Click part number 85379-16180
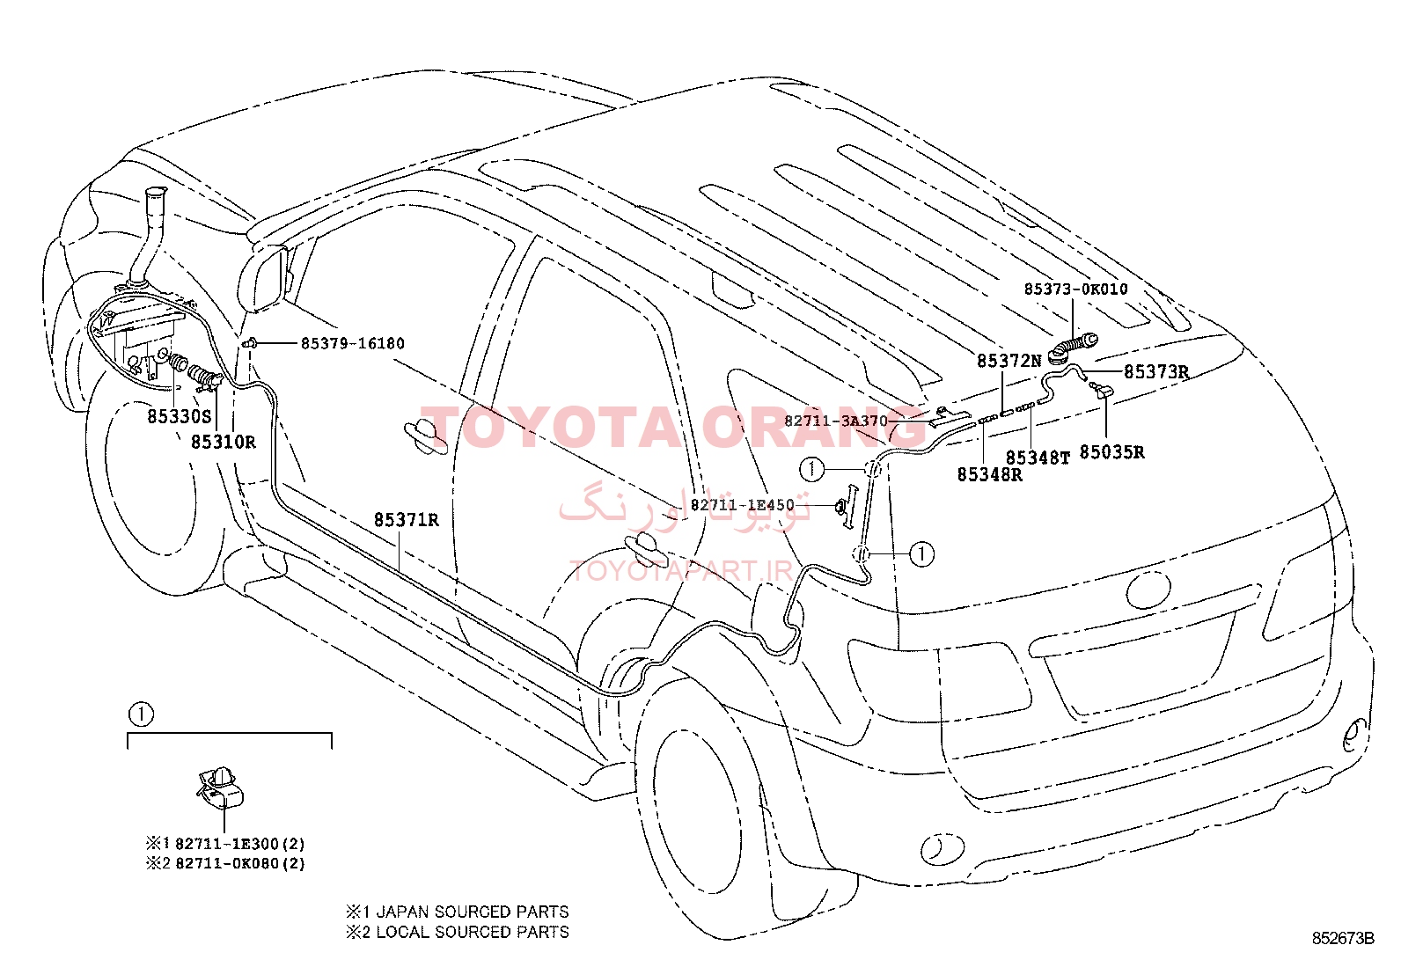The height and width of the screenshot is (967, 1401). tap(353, 343)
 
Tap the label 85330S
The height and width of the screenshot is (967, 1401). tap(180, 416)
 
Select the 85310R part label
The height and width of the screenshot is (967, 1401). tap(224, 443)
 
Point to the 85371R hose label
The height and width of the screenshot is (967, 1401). tap(407, 520)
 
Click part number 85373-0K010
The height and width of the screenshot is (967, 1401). tap(1075, 289)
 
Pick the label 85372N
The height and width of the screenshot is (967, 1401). tap(1009, 361)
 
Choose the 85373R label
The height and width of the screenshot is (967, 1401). tap(1156, 372)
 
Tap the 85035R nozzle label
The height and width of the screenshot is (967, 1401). tap(1112, 452)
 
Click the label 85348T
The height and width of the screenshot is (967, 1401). tap(1038, 458)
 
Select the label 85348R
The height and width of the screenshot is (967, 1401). tap(990, 475)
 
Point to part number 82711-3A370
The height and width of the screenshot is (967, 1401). tap(836, 421)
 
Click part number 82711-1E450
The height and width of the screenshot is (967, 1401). tap(743, 505)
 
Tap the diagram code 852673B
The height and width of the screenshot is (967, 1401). tap(1343, 938)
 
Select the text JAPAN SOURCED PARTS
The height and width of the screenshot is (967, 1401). tap(473, 912)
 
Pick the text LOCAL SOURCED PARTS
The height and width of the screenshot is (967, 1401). tap(473, 932)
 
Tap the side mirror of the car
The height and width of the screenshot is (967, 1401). tap(262, 277)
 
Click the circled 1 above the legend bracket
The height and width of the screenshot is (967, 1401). tap(141, 714)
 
